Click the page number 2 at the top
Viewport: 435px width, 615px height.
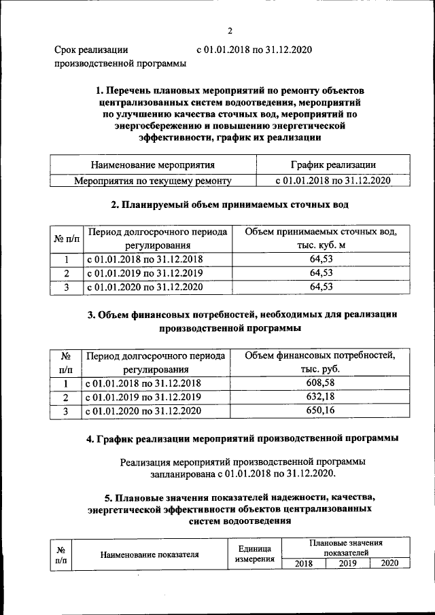coord(230,31)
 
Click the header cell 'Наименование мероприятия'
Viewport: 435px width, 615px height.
coord(153,164)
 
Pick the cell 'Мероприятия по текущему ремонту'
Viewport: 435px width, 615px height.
coord(153,181)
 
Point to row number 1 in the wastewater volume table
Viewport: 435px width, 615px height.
coord(66,259)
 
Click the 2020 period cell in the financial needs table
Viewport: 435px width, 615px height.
coord(143,411)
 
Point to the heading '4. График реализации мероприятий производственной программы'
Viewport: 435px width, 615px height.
coord(243,438)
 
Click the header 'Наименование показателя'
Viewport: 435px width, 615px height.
coord(150,554)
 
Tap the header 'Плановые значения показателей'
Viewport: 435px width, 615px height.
coord(346,548)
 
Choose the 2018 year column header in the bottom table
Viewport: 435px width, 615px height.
coord(303,563)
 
